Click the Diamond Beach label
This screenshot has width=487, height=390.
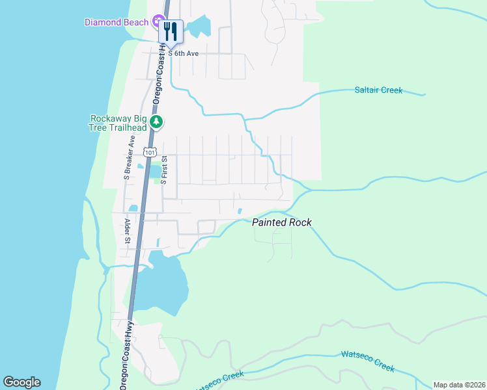pos(117,22)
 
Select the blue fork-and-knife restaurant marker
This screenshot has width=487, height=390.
pos(171,32)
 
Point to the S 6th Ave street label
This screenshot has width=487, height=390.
pos(183,53)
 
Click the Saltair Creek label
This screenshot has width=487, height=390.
pos(378,90)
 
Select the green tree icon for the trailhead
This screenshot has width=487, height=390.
pos(156,122)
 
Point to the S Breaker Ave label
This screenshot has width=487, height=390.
pos(128,157)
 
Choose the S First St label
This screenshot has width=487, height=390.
pos(165,169)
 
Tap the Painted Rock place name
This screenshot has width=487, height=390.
pos(281,222)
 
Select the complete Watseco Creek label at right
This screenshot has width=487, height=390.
pos(367,361)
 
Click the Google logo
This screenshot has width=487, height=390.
pos(21,382)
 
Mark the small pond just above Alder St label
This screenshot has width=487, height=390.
pos(133,209)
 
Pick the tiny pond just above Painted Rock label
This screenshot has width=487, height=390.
pos(240,211)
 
